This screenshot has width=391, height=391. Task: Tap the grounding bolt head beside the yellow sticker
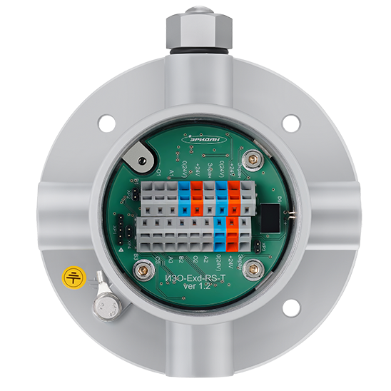pyautogui.click(x=105, y=304)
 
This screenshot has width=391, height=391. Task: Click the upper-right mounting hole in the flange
pyautogui.click(x=290, y=122)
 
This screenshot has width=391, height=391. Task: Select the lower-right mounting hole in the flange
pyautogui.click(x=288, y=309)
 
